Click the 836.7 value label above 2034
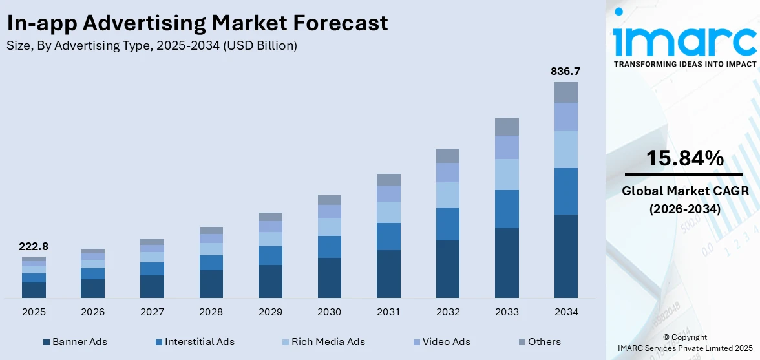click(565, 71)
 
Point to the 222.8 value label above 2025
click(34, 246)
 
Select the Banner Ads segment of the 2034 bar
click(565, 256)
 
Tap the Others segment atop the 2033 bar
click(507, 127)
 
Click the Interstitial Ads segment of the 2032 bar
click(448, 224)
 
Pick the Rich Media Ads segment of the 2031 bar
click(388, 212)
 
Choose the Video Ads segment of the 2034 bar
click(565, 116)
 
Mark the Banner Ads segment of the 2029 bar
click(270, 281)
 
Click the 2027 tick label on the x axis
click(152, 312)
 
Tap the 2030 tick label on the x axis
click(329, 312)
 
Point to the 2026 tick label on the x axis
click(93, 312)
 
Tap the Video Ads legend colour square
click(417, 342)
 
